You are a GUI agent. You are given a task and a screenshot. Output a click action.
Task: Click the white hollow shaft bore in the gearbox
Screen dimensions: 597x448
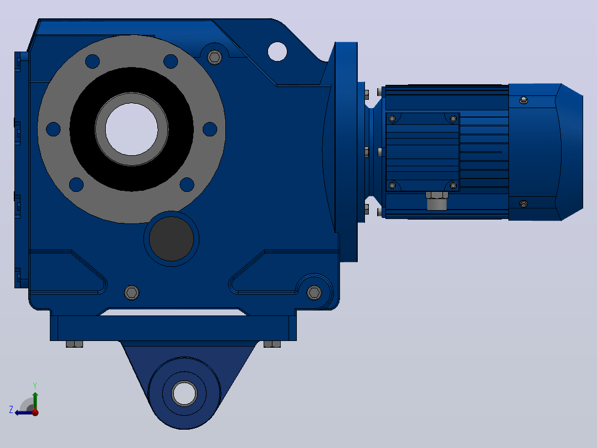[x=131, y=129]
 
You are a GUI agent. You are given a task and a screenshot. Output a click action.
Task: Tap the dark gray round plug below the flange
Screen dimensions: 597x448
[x=171, y=238]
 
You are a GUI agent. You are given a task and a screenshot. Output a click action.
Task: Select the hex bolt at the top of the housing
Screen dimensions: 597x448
[x=215, y=57]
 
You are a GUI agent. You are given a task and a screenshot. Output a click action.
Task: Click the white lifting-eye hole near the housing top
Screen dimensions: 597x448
[x=277, y=52]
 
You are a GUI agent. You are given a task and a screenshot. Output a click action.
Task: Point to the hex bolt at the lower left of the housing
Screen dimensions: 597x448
[x=132, y=292]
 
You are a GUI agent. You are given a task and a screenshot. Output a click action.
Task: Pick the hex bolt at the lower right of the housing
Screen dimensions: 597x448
[x=314, y=292]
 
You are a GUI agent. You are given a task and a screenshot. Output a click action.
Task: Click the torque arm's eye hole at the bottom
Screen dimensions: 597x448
[x=184, y=393]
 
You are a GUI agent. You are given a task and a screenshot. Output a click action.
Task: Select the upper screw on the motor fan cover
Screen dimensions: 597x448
[x=523, y=100]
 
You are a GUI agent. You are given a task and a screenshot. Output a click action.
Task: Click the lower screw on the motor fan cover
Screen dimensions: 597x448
[x=523, y=204]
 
